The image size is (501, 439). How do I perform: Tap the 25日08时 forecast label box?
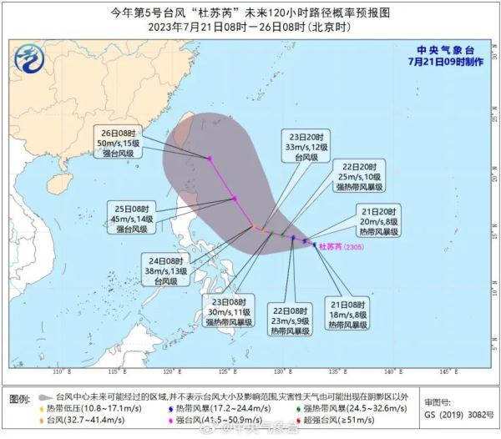click(132, 217)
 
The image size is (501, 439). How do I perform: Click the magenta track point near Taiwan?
click(210, 159)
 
